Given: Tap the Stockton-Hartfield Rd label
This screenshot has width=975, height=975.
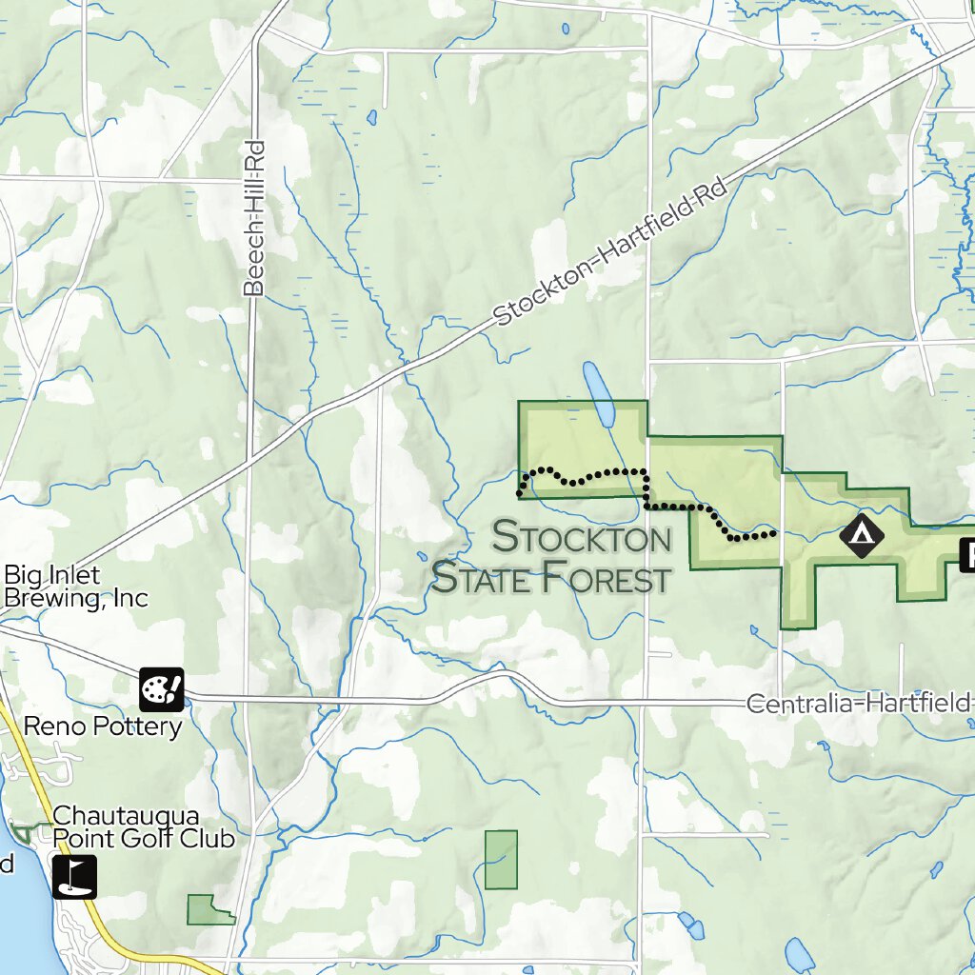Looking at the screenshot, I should (610, 252).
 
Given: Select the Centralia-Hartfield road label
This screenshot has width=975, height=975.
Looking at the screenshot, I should (857, 704).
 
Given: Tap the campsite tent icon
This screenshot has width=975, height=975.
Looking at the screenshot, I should (862, 536).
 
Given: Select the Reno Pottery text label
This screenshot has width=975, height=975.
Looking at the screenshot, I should (102, 727).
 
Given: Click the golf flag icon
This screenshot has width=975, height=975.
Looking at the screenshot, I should (74, 877).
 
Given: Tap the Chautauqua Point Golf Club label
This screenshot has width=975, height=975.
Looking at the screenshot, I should (143, 827).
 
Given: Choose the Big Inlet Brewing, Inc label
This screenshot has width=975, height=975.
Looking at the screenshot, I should (76, 587).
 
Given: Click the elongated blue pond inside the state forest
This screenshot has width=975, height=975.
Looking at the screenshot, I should (600, 394).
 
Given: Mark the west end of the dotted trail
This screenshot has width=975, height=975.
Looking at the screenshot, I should (520, 493).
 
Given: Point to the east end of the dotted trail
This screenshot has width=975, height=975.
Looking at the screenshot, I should (773, 534).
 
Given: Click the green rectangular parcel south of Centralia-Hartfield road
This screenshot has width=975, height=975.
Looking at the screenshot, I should (501, 860).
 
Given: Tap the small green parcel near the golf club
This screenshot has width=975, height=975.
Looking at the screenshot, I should (207, 910).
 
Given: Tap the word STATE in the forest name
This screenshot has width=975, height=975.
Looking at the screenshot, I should (483, 577).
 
